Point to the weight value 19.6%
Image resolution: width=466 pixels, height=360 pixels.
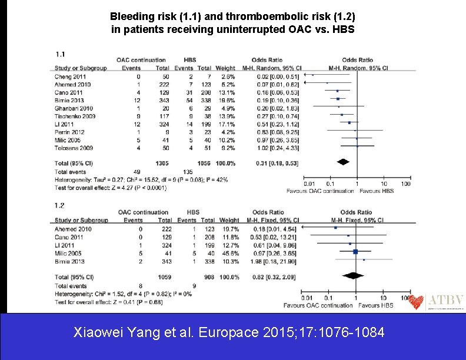227,100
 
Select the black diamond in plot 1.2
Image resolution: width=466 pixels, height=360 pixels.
354,276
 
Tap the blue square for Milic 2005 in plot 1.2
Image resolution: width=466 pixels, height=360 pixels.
355,252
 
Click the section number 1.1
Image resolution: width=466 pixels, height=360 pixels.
59,54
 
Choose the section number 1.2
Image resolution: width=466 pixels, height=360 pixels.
59,205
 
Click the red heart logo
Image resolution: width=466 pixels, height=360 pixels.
417,302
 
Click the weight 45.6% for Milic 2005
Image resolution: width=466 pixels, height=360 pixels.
227,252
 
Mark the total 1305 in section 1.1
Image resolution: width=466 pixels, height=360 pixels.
162,163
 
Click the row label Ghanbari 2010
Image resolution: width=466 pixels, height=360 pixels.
74,108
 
